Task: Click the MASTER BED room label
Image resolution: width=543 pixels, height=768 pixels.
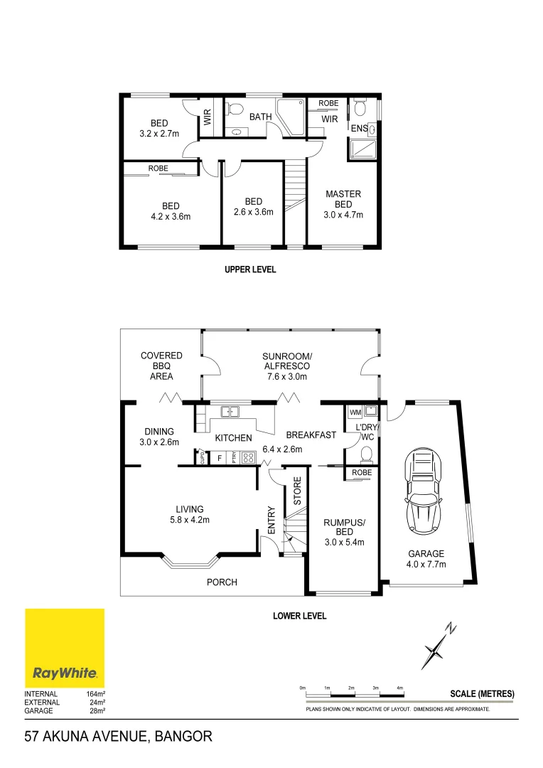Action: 343,204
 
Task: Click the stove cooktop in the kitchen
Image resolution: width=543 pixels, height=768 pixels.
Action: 249,459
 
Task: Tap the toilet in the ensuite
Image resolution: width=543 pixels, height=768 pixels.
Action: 360,107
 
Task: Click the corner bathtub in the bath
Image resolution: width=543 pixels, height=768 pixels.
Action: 291,118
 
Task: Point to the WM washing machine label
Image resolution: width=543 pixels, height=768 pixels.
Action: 355,412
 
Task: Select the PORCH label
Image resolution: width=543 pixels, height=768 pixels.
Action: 222,582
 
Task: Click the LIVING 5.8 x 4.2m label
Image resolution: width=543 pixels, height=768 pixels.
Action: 190,514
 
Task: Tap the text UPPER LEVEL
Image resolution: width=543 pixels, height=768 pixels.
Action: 250,270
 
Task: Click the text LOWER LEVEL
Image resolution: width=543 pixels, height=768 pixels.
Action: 299,616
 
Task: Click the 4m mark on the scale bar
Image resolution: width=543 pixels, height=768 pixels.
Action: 399,688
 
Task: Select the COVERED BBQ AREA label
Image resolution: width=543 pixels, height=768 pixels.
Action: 161,366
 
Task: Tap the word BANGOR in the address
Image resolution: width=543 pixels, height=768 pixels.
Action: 181,737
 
